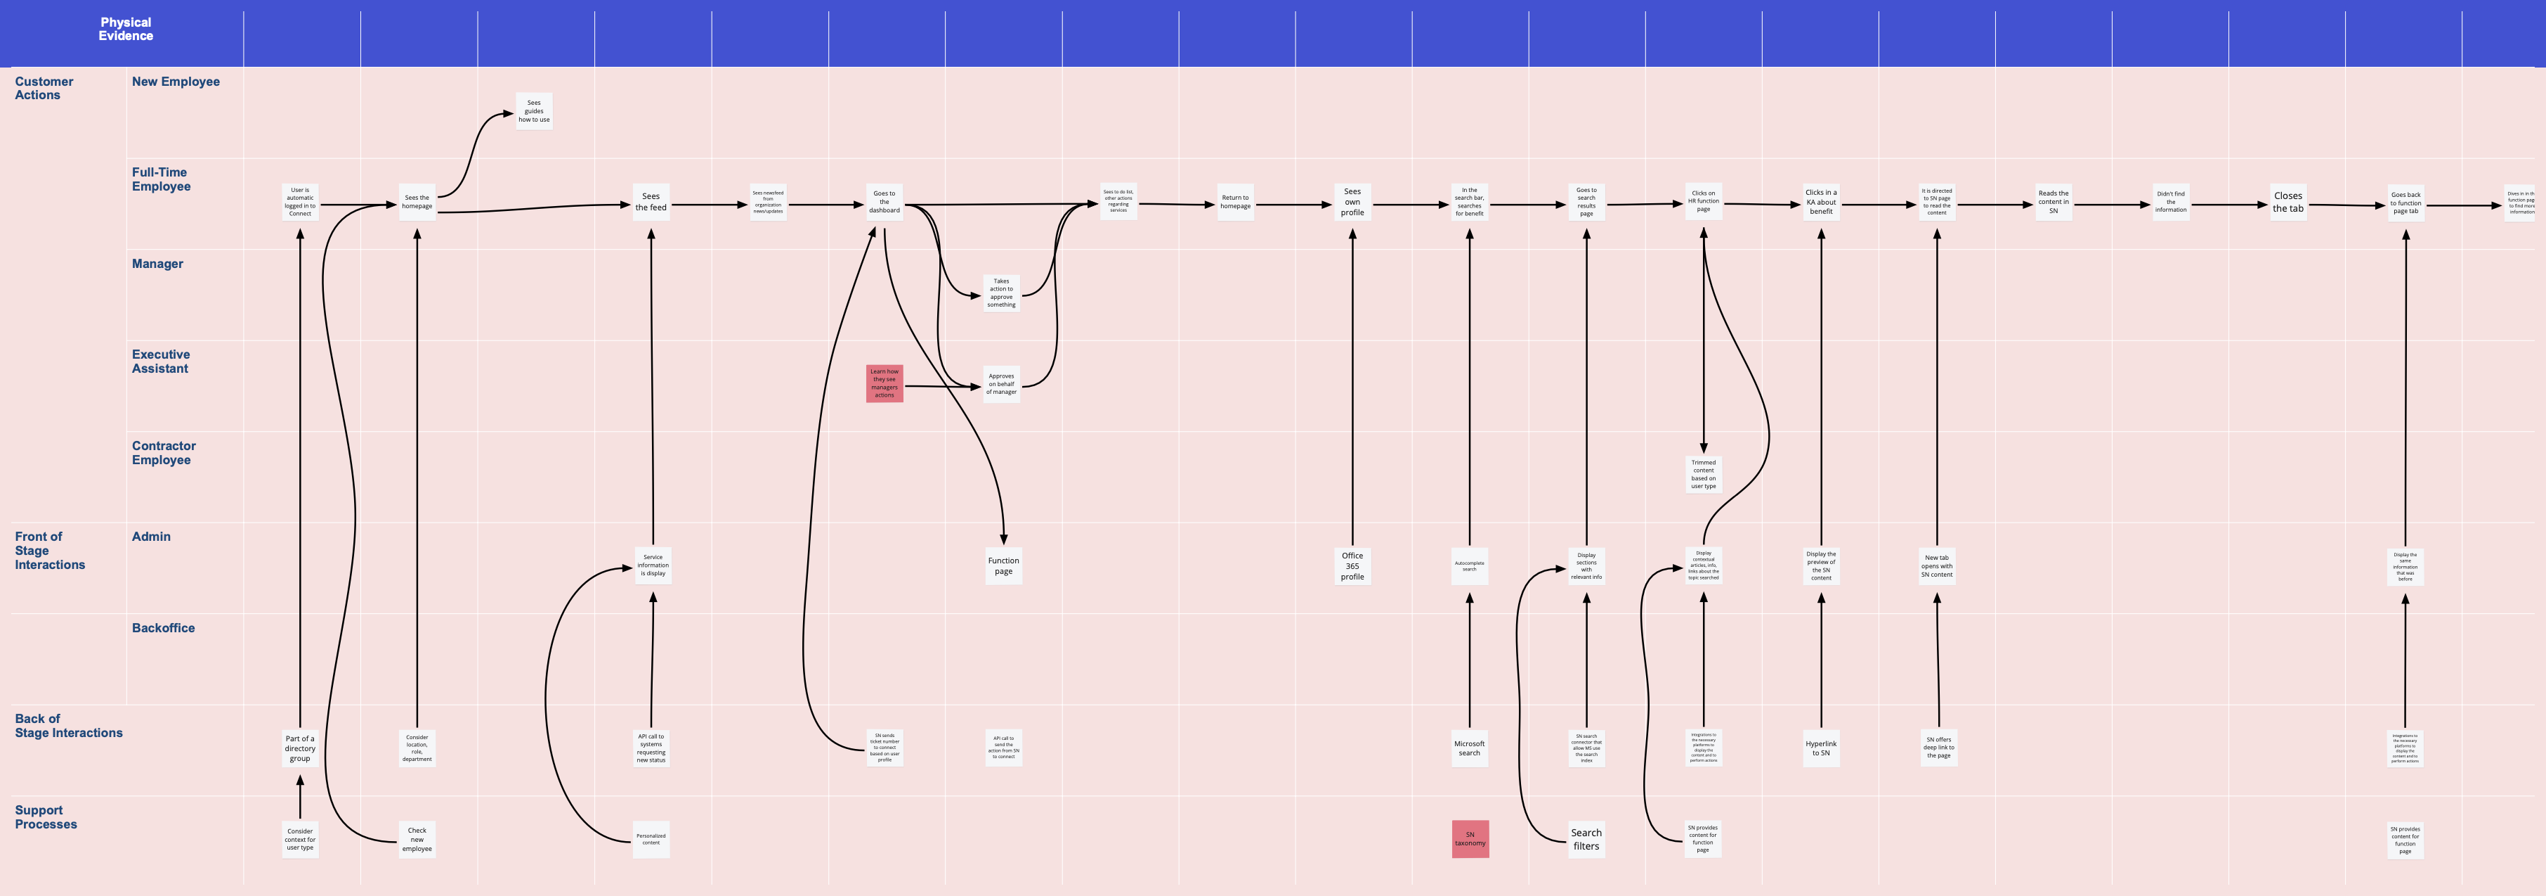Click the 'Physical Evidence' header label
pyautogui.click(x=126, y=29)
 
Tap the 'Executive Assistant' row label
pyautogui.click(x=160, y=361)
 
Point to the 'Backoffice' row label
pyautogui.click(x=163, y=628)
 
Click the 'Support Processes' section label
pyautogui.click(x=46, y=817)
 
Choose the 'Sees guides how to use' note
pyautogui.click(x=534, y=110)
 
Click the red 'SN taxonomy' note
pyautogui.click(x=1470, y=838)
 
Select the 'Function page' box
pyautogui.click(x=1003, y=565)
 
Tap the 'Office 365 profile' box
pyautogui.click(x=1352, y=565)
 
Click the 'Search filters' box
pyautogui.click(x=1586, y=838)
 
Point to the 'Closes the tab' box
pyautogui.click(x=2288, y=202)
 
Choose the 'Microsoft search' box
pyautogui.click(x=1470, y=748)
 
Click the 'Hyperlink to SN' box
pyautogui.click(x=1820, y=748)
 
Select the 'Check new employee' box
pyautogui.click(x=417, y=838)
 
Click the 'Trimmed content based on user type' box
pyautogui.click(x=1704, y=474)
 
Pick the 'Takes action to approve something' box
pyautogui.click(x=1001, y=293)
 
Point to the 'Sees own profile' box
pyautogui.click(x=1352, y=202)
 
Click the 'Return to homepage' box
pyautogui.click(x=1236, y=202)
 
